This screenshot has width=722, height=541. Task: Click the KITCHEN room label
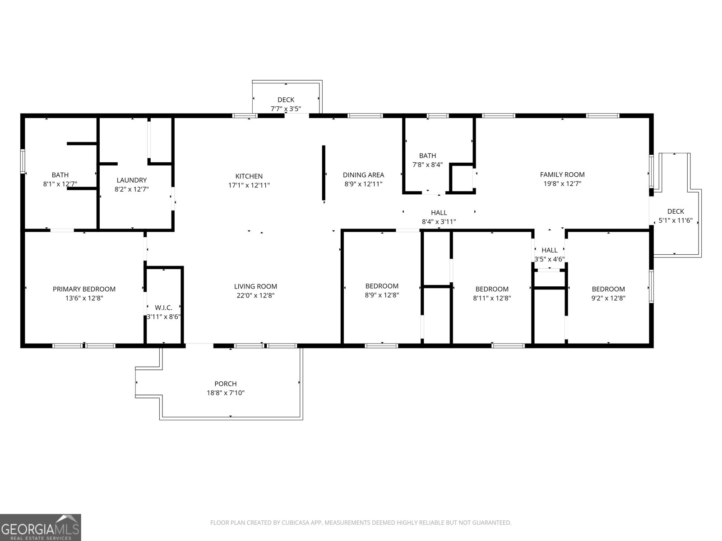[x=249, y=176]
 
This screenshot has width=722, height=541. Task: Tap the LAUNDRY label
[x=131, y=180]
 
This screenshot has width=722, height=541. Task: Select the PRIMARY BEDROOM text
[x=84, y=289]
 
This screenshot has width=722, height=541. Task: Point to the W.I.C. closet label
[x=163, y=307]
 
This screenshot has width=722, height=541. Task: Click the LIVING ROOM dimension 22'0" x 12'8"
[x=255, y=296]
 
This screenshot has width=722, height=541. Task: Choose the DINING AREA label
[x=363, y=175]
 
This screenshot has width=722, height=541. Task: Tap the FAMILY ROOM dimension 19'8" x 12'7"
[x=562, y=183]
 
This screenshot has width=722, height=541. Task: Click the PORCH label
[x=225, y=384]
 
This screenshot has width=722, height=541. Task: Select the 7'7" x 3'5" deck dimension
[x=286, y=109]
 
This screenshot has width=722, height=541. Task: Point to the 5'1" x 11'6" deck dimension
[x=676, y=220]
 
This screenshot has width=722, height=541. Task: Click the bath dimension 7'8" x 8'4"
[x=427, y=165]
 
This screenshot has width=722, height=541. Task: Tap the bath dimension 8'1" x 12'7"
[x=60, y=184]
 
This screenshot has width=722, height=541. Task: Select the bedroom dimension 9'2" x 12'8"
[x=608, y=298]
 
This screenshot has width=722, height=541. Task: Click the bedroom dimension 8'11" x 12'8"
[x=492, y=298]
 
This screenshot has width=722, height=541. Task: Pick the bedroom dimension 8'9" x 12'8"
[x=382, y=295]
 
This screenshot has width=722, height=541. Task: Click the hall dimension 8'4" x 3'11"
[x=439, y=221]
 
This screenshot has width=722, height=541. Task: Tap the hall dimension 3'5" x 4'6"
[x=549, y=259]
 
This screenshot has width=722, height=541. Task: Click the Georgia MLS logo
[x=41, y=527]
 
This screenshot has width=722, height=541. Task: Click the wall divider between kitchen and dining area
[x=324, y=172]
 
